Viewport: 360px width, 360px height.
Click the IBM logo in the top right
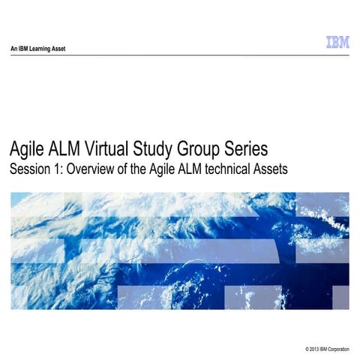pos(337,43)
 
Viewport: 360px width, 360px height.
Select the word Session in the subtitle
pos(30,169)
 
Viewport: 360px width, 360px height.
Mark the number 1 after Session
pos(58,169)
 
